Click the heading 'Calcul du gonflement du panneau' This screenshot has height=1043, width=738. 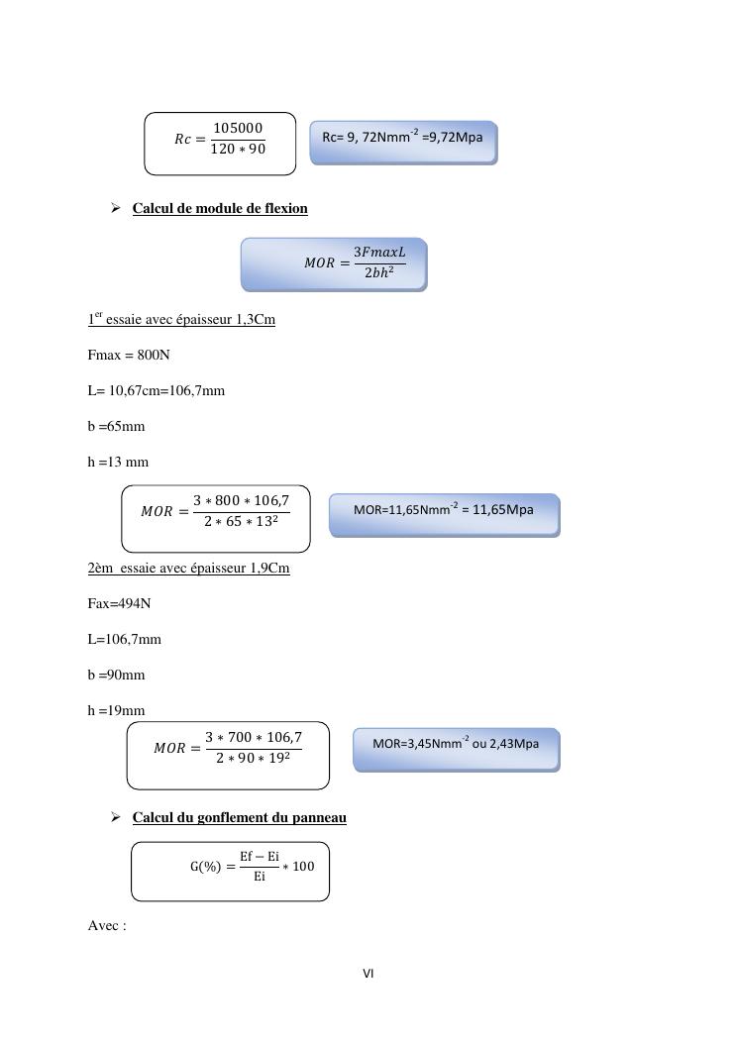click(239, 817)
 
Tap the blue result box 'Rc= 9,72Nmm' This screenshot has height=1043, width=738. click(403, 142)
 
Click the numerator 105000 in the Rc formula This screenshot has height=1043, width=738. click(238, 128)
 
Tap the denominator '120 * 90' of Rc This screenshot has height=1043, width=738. click(238, 150)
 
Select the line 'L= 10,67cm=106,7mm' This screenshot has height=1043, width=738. click(156, 390)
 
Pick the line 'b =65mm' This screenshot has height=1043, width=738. click(116, 426)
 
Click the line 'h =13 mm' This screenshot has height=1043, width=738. click(118, 462)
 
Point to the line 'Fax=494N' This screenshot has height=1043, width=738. click(119, 603)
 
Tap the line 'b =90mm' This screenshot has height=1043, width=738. click(116, 675)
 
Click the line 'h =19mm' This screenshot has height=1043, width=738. click(116, 710)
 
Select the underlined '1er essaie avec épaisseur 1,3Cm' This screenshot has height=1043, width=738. click(181, 319)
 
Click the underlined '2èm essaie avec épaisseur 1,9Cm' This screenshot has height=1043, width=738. click(188, 568)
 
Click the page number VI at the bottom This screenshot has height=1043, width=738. click(368, 974)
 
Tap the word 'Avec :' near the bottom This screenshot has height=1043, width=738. click(107, 926)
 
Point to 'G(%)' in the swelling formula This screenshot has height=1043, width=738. click(205, 867)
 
